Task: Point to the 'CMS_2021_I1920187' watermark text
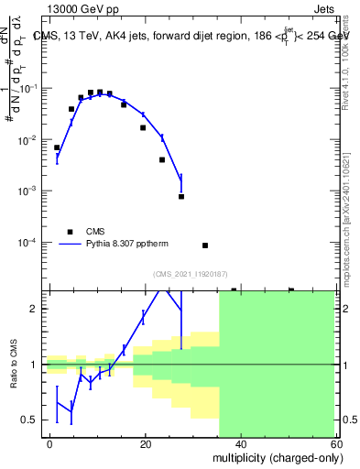click(191, 273)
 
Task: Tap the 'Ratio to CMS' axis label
click(14, 365)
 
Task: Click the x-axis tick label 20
click(146, 443)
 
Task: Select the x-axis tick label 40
click(240, 443)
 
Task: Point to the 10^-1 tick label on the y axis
click(29, 89)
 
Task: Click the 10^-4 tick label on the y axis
click(29, 243)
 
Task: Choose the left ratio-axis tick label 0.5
click(29, 420)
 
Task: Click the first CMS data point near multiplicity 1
click(57, 147)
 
